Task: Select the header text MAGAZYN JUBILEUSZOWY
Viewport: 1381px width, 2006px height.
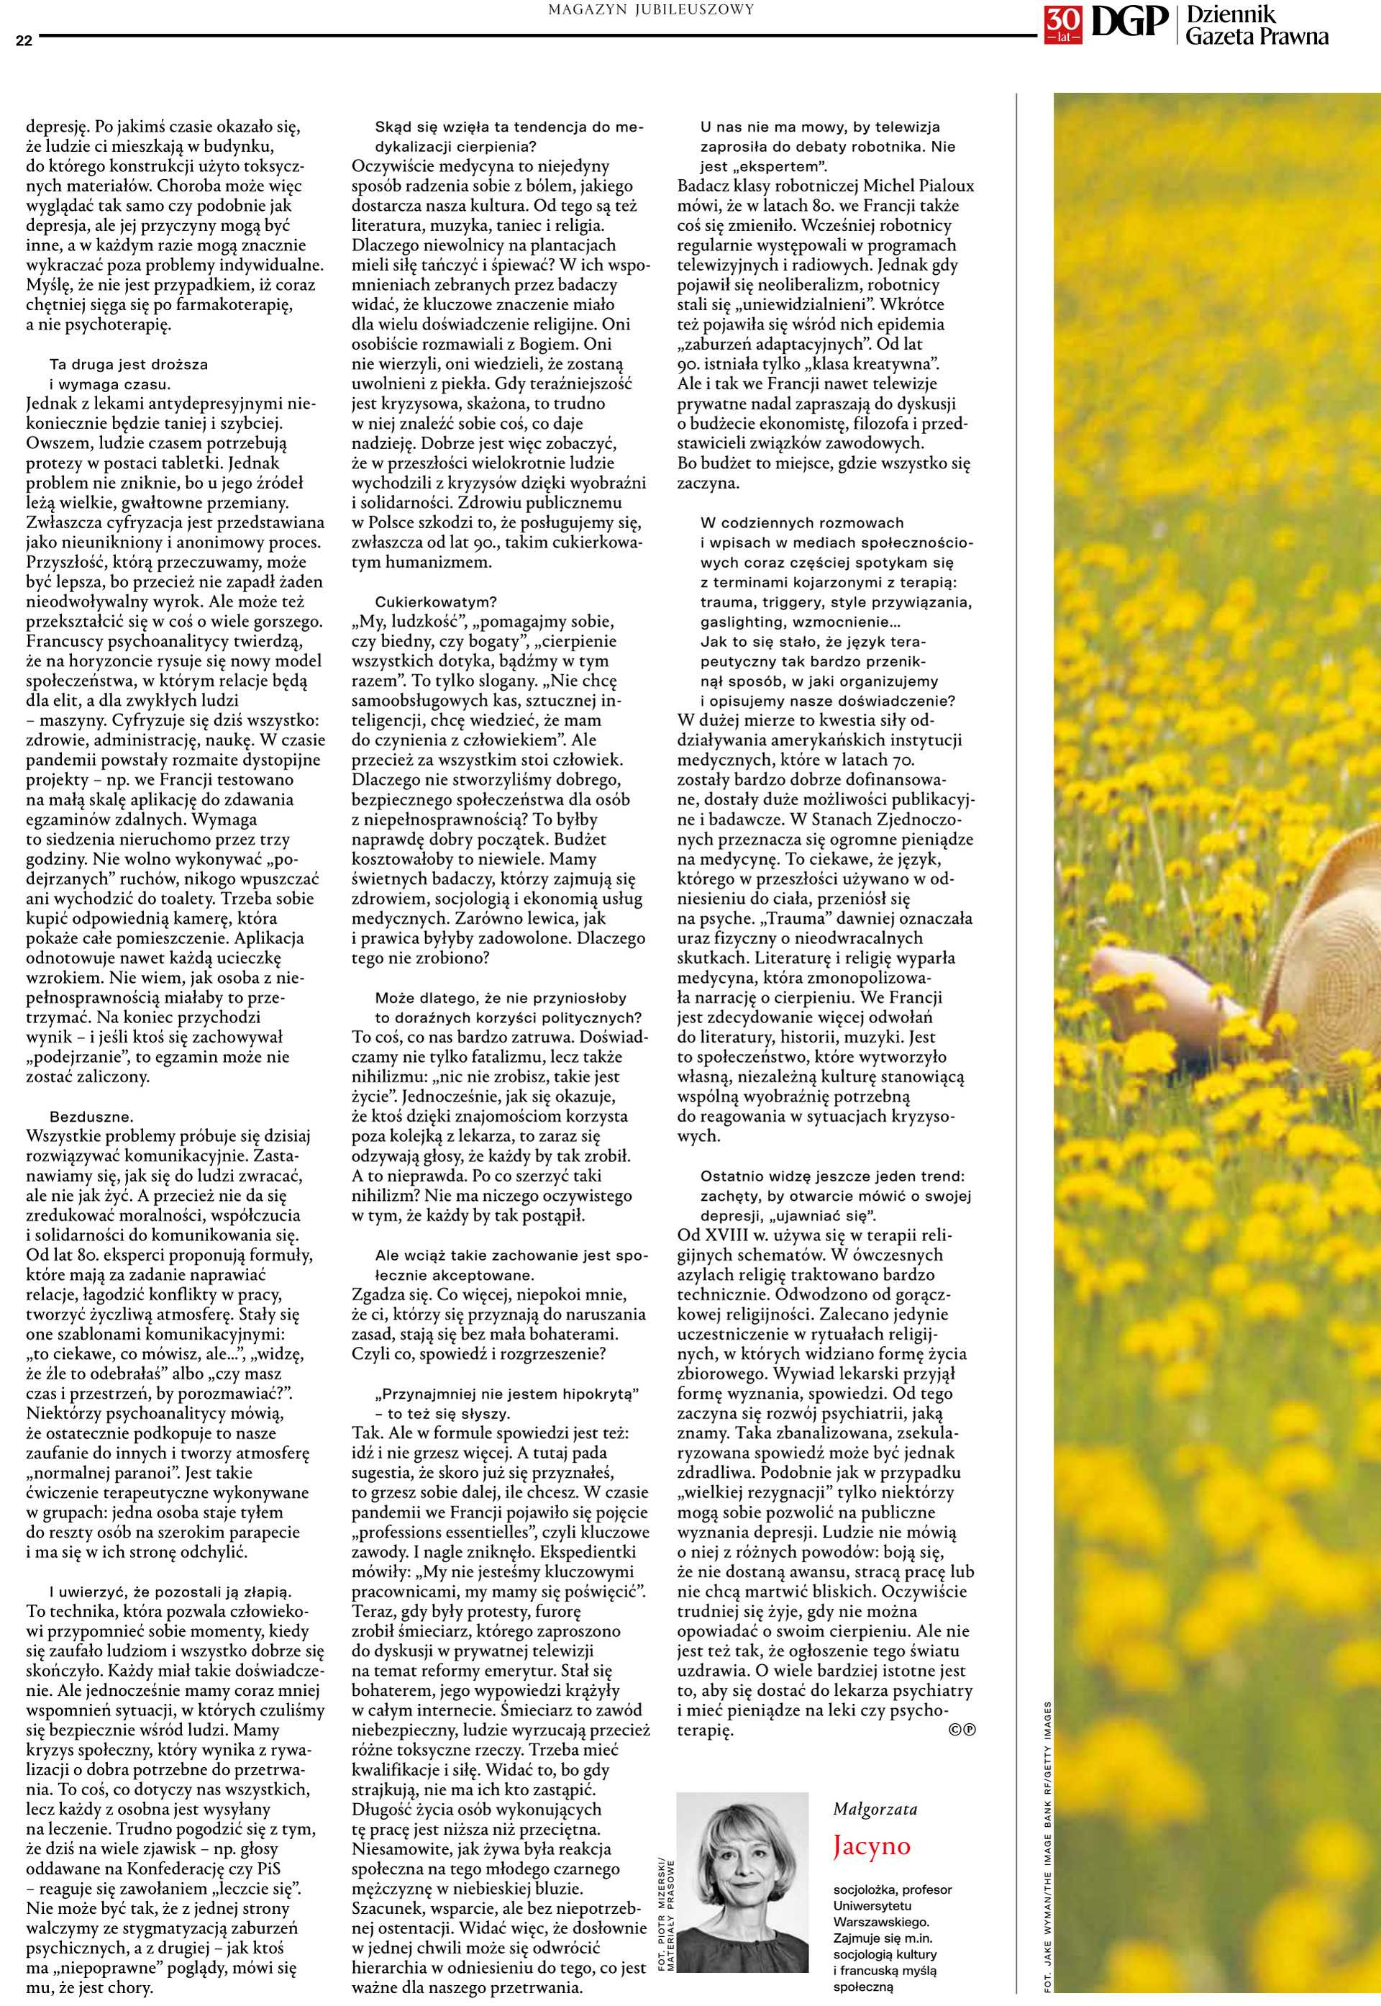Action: point(651,9)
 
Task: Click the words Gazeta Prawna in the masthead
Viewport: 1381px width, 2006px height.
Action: point(1257,37)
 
